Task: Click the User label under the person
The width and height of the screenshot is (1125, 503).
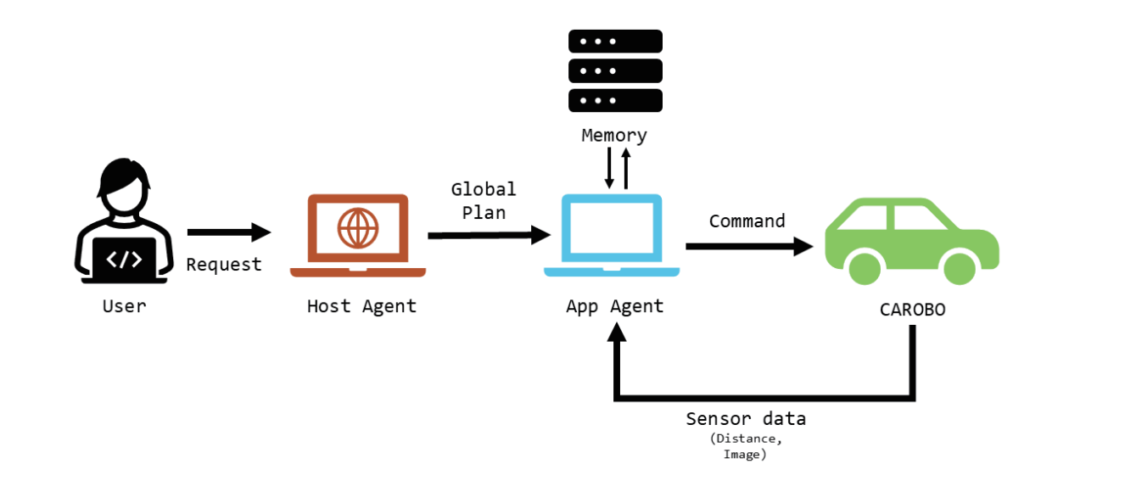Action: click(x=124, y=305)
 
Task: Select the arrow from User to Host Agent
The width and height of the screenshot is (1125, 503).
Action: click(x=228, y=232)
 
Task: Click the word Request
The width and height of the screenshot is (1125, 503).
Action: click(x=224, y=265)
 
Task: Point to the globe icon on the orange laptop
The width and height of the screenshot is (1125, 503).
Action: click(x=357, y=227)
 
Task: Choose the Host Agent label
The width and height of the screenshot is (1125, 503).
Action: click(x=361, y=306)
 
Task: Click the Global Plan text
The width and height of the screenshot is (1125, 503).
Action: click(x=483, y=201)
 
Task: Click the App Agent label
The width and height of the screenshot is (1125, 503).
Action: click(x=614, y=306)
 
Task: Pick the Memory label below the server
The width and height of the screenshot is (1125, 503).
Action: click(x=614, y=135)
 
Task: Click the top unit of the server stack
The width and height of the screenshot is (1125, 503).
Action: click(x=615, y=42)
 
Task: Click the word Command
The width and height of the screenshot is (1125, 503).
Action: click(x=747, y=221)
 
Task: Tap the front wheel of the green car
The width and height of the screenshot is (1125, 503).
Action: click(x=959, y=267)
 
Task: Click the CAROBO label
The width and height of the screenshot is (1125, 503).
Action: click(x=912, y=310)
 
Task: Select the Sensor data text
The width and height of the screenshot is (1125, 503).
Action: click(x=746, y=419)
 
